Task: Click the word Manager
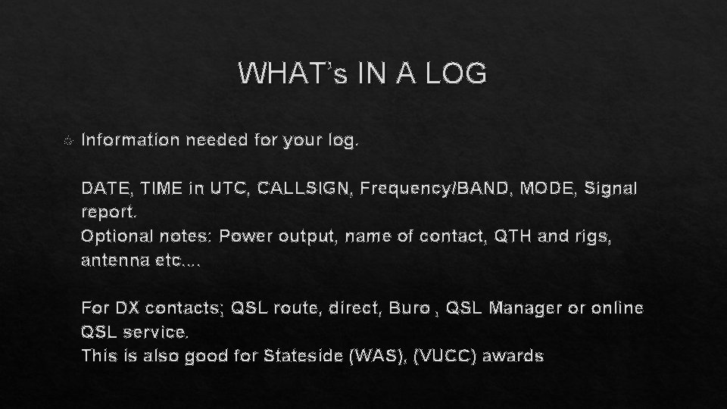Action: pos(524,308)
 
